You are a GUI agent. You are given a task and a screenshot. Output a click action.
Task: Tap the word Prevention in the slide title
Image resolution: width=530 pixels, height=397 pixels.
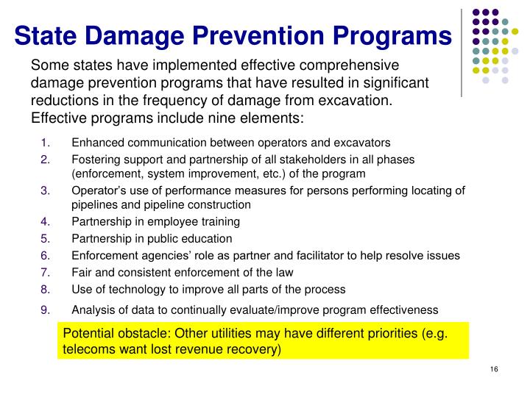pyautogui.click(x=271, y=35)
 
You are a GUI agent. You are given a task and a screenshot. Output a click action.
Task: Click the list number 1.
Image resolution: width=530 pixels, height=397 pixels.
pyautogui.click(x=45, y=143)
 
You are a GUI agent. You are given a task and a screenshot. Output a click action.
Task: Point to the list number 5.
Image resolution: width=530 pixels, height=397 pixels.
pyautogui.click(x=45, y=238)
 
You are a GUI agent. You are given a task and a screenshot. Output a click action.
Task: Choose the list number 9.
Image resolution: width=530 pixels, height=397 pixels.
pyautogui.click(x=45, y=310)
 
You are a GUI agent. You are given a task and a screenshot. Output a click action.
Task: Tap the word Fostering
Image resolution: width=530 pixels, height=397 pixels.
pyautogui.click(x=94, y=160)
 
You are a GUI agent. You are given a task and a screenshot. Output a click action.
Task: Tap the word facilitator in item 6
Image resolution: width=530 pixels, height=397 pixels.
pyautogui.click(x=290, y=255)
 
